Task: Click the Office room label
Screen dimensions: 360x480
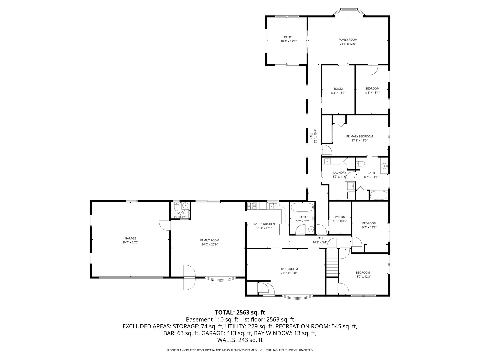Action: pos(288,37)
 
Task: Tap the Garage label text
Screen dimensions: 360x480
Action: pos(130,238)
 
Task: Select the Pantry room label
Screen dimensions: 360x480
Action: pos(340,217)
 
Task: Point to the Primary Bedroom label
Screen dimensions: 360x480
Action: pos(359,136)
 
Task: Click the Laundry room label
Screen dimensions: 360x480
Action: pos(339,173)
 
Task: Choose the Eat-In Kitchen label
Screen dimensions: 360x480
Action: pos(264,224)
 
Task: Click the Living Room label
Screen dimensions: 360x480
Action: pos(289,269)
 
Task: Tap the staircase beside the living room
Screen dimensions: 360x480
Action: pos(332,263)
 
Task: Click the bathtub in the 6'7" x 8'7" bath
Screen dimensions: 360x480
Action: pos(302,208)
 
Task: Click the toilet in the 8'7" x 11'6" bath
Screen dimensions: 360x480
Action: pos(360,164)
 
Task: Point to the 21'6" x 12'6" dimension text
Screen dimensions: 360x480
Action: pos(348,44)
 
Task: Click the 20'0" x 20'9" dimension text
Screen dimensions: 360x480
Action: pos(210,244)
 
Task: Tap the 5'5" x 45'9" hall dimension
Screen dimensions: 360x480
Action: pos(315,136)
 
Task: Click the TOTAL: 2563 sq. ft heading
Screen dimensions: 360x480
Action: pos(240,312)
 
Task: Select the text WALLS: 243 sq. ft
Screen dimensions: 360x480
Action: pos(240,340)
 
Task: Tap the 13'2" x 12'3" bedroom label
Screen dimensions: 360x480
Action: pos(363,276)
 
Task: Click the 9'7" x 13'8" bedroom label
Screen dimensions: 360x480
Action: pos(369,227)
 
